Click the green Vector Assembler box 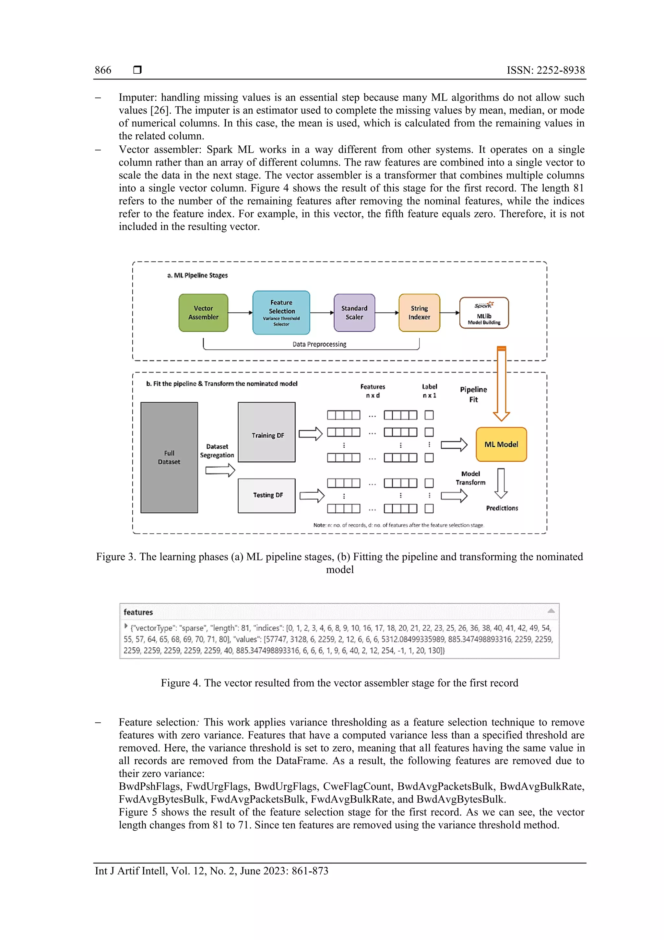[203, 313]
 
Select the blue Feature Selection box [281, 313]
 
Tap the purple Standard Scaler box [354, 313]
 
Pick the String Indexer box [419, 313]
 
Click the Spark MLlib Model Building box [484, 313]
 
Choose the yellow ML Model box [501, 444]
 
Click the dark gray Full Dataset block [169, 457]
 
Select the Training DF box [267, 432]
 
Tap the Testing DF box [267, 495]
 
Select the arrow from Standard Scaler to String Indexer [386, 313]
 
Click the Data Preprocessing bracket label [319, 344]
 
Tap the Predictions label [502, 508]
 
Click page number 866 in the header [103, 70]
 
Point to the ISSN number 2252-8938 [561, 70]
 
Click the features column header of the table [138, 612]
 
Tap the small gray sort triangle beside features [551, 611]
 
